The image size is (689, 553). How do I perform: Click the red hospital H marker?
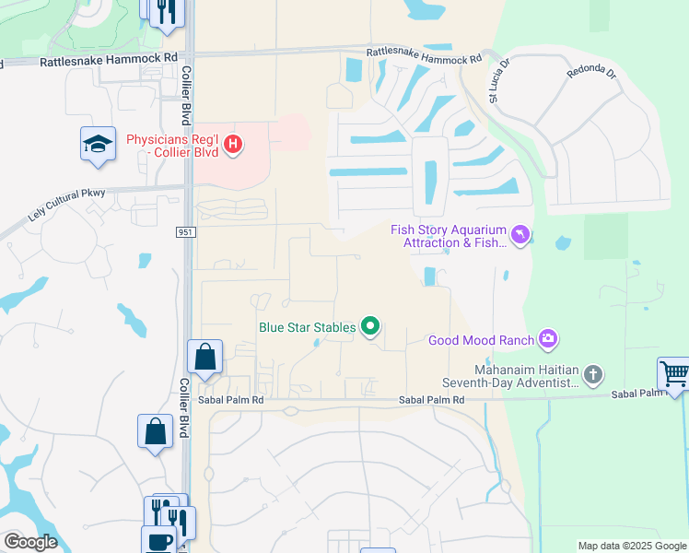pos(234,144)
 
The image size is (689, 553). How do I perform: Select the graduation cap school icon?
pos(98,145)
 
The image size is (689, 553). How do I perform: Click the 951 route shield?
pos(184,232)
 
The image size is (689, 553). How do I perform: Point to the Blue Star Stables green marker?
pos(371,326)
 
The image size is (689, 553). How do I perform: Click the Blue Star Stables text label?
pos(308,326)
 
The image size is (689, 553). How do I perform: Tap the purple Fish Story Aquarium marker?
pos(521,236)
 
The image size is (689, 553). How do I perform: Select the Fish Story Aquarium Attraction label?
pos(450,236)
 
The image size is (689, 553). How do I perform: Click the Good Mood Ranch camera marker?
pos(549,340)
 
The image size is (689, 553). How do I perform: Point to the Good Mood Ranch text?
pos(481,340)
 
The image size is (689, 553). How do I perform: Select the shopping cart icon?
pos(674,374)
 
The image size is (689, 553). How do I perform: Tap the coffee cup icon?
pos(158,540)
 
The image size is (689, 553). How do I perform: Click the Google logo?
pos(30,542)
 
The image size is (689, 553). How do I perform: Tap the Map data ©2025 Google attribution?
pos(631,546)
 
